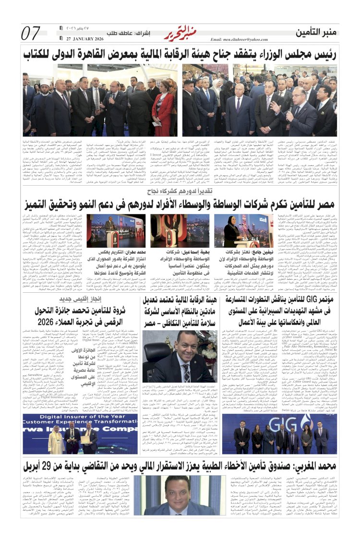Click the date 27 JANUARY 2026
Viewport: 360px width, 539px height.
pyautogui.click(x=82, y=39)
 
